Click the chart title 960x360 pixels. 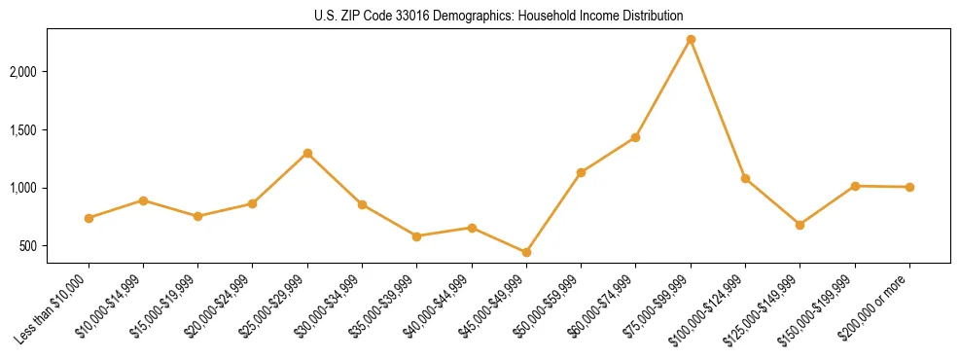pos(499,16)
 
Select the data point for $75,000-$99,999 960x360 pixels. pos(691,40)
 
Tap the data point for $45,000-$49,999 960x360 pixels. pos(526,252)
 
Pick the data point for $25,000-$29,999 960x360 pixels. pos(307,153)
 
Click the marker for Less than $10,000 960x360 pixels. pos(89,218)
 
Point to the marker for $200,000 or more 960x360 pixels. pos(909,187)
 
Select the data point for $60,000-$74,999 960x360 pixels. pos(635,137)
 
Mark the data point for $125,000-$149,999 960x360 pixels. pos(800,225)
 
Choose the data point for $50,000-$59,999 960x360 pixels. pos(581,172)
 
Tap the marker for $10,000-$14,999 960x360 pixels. pos(143,200)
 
